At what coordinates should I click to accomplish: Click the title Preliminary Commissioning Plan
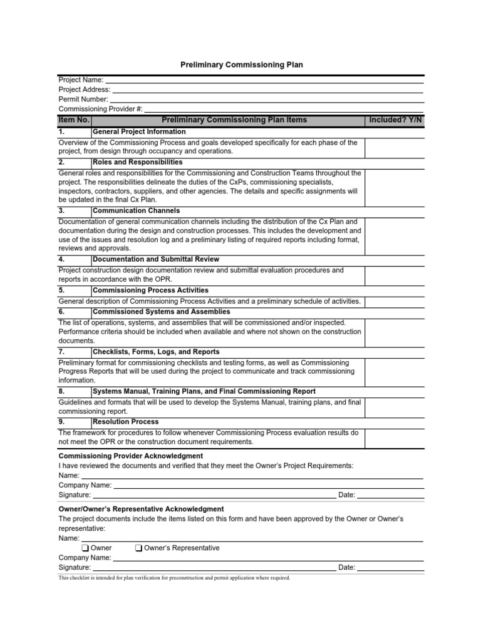click(241, 65)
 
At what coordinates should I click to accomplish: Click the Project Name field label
click(81, 80)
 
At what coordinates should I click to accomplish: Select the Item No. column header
click(74, 120)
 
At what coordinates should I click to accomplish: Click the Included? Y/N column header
click(395, 120)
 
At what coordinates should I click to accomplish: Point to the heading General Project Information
click(139, 132)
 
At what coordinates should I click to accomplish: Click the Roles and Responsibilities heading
click(137, 162)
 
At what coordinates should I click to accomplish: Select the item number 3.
click(61, 211)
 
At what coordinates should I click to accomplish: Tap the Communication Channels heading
click(136, 211)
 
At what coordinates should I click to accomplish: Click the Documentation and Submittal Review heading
click(156, 259)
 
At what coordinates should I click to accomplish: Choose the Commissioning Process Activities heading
click(150, 290)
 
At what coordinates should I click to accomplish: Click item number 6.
click(61, 311)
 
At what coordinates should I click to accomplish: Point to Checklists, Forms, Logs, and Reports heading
click(156, 352)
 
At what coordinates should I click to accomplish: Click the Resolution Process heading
click(125, 422)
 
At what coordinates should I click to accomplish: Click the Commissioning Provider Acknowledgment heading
click(130, 456)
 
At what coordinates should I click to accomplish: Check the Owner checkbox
click(85, 548)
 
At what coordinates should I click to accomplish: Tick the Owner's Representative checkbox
click(138, 548)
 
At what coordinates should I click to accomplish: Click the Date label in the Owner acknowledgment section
click(346, 568)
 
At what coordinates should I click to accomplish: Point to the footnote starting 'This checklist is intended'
click(174, 578)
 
